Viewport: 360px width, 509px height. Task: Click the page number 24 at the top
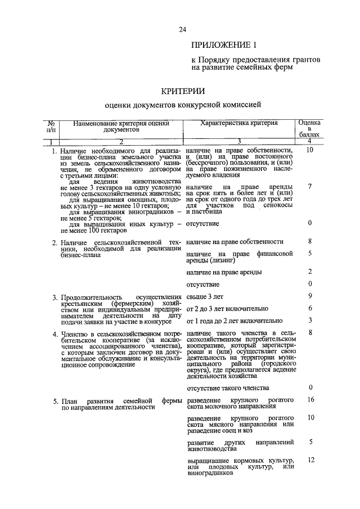click(x=182, y=30)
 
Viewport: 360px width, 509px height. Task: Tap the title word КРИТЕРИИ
click(x=183, y=90)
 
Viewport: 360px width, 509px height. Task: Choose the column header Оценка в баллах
click(x=309, y=129)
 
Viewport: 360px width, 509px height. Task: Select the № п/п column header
click(x=51, y=125)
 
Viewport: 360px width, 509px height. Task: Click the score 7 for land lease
click(x=310, y=186)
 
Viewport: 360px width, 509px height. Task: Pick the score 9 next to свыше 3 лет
click(x=310, y=296)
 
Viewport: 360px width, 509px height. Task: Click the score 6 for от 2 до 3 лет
click(x=310, y=308)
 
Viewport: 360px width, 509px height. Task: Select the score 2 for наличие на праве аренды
click(x=310, y=272)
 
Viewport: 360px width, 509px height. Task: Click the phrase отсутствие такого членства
click(x=227, y=388)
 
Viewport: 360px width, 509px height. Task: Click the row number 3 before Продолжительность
click(x=55, y=298)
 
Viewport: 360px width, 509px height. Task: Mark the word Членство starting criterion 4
click(x=76, y=334)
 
